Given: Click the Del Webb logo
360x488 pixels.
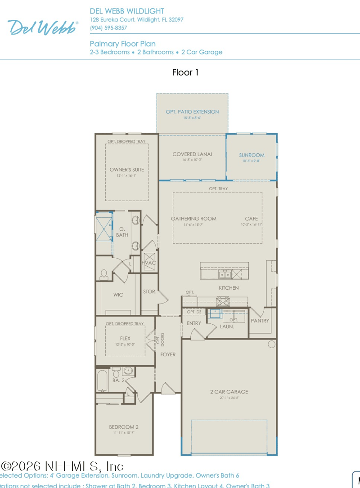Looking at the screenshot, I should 43,27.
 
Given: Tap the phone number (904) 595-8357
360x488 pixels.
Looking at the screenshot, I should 108,28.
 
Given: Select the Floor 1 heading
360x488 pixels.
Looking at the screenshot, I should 185,72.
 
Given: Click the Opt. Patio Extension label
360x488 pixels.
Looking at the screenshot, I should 192,112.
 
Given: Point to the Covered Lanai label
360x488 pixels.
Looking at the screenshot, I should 192,154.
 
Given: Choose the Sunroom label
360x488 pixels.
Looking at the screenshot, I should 252,155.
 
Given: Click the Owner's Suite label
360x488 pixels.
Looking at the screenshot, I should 127,170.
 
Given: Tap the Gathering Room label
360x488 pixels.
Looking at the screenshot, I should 193,219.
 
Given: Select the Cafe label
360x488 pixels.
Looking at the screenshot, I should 251,219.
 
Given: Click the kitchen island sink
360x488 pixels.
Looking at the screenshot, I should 225,274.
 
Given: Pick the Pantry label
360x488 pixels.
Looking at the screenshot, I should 260,321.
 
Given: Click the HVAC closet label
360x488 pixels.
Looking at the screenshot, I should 148,263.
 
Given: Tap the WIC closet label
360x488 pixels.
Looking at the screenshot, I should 118,295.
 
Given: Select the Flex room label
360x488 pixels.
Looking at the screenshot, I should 125,339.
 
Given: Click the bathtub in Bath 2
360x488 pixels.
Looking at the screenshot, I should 103,381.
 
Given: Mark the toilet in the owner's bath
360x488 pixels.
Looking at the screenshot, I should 104,273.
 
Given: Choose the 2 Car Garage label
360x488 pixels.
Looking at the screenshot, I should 229,392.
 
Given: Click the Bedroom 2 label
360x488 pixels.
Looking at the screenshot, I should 124,427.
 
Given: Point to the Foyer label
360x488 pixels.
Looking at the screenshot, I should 168,354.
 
